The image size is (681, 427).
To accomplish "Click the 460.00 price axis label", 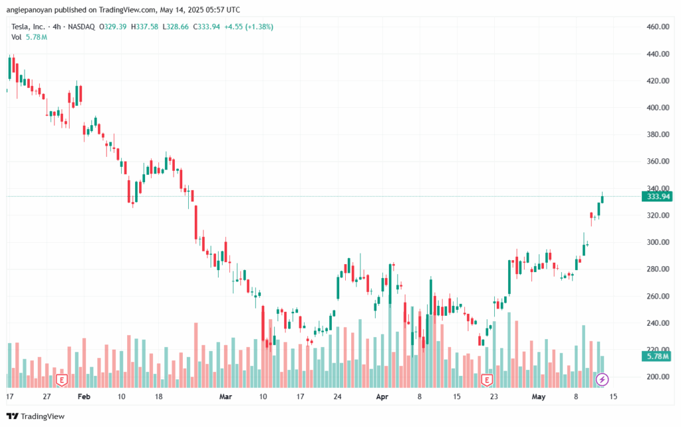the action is point(658,27).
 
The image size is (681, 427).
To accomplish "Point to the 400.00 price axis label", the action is point(658,107).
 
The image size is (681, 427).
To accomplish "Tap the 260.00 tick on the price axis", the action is point(658,296).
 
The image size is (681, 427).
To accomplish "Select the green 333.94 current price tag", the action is point(657,196).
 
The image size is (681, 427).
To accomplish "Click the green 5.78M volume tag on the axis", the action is point(657,356).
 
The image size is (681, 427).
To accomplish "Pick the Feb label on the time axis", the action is point(84,396).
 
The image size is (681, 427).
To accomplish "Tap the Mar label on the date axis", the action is point(225,396).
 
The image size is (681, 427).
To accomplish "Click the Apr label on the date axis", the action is point(382,396).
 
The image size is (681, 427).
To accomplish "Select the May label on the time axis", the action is point(539,396).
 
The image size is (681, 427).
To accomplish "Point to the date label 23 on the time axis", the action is point(494,396).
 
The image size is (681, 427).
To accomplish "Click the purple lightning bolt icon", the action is point(602,380).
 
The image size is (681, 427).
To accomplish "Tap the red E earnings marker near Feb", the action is point(62,380).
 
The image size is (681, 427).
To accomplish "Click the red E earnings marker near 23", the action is point(487,380).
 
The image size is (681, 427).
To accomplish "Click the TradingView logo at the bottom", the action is point(36,416).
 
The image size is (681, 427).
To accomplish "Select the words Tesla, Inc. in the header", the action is point(28,27).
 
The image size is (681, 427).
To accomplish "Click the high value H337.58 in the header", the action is point(144,27).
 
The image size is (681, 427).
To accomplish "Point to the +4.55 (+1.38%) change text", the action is point(249,27).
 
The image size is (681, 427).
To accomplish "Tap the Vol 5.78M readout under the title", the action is point(29,37).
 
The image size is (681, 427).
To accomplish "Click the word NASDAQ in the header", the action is point(81,27).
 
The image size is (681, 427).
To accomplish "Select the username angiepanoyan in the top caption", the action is point(29,9).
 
